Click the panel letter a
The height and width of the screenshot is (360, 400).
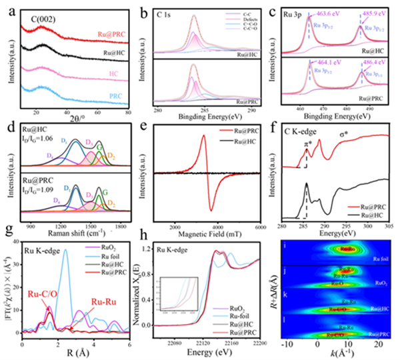tap(9, 8)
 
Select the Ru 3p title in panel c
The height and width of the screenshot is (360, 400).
tap(287, 11)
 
